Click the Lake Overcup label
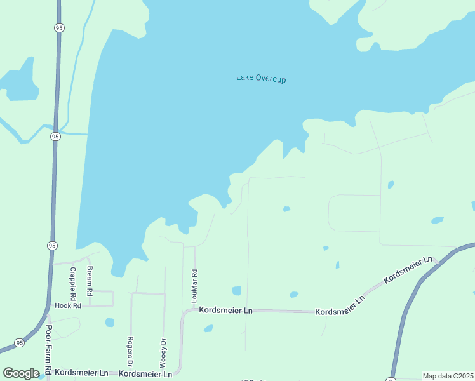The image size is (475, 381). [x=261, y=78]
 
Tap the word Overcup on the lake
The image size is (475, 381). [x=271, y=78]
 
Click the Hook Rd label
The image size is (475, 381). [x=68, y=305]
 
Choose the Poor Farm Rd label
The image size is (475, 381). [x=48, y=349]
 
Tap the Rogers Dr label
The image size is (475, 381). [x=130, y=352]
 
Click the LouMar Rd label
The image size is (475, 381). [x=195, y=281]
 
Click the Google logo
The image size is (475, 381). [x=22, y=373]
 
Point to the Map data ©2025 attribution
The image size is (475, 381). [x=448, y=376]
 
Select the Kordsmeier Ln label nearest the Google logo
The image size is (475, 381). [x=81, y=373]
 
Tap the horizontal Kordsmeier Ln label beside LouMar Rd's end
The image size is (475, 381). [x=226, y=310]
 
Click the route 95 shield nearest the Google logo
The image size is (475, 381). [x=20, y=343]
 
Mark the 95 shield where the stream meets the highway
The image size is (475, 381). [x=55, y=136]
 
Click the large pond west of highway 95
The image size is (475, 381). [x=17, y=83]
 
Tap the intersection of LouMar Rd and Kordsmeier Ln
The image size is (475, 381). [x=194, y=310]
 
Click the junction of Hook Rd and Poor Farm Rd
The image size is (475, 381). [x=48, y=306]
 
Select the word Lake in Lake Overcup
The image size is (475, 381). [x=244, y=77]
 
